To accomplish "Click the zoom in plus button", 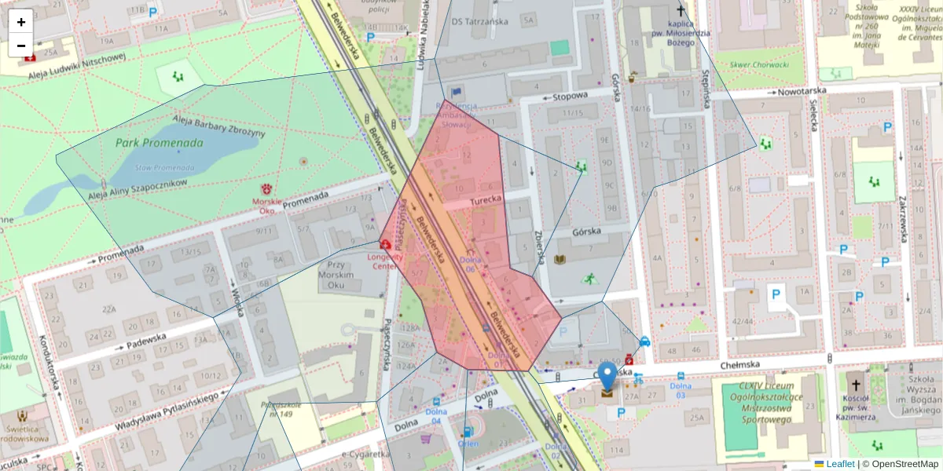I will click(21, 22).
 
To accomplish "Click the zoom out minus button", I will click(21, 46).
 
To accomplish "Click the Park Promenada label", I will click(159, 143).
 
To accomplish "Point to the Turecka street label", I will click(486, 201).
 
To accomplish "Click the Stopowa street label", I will click(570, 96).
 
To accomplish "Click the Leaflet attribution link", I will click(839, 464).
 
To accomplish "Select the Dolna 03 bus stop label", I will click(680, 389).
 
